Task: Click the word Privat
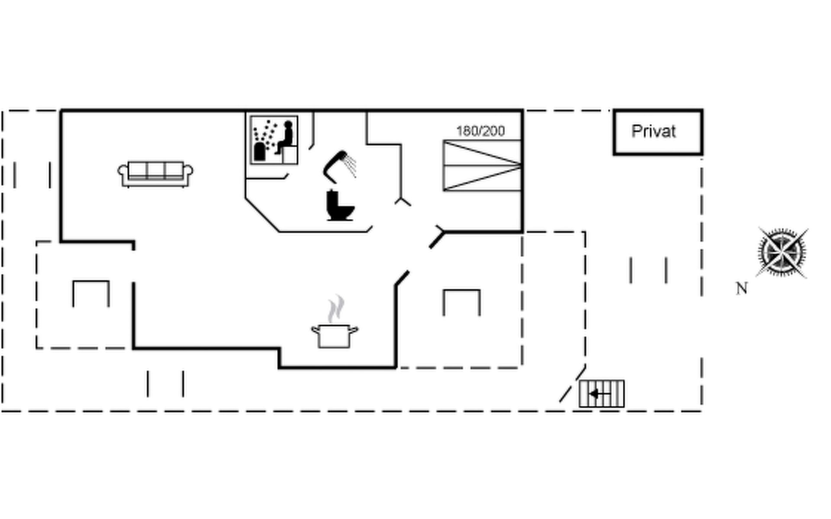click(653, 131)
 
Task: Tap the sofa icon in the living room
click(155, 174)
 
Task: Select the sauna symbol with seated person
click(274, 140)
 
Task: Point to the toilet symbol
click(339, 206)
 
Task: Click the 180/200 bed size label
click(480, 131)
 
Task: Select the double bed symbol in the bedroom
click(482, 165)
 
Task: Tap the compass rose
click(782, 253)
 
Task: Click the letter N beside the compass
click(742, 288)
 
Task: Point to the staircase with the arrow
click(602, 394)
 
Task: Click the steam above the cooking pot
click(336, 308)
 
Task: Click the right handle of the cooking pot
click(354, 331)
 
